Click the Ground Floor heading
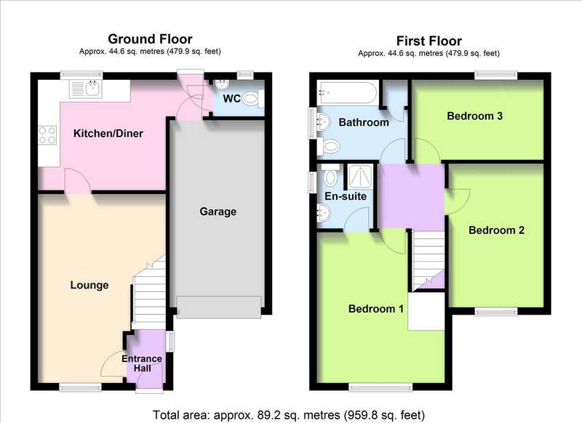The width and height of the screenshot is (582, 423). (x=150, y=39)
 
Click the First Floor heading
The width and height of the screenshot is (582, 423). (x=428, y=41)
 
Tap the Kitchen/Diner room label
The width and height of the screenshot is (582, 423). (x=108, y=134)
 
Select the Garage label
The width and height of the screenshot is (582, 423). (x=218, y=211)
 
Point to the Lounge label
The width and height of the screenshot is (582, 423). (x=89, y=285)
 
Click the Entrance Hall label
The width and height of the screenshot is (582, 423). (x=142, y=363)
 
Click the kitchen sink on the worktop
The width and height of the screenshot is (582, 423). (x=86, y=89)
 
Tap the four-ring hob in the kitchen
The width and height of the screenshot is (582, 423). (x=47, y=135)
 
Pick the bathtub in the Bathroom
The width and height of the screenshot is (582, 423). (x=348, y=92)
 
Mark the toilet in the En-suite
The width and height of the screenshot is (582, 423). (x=330, y=175)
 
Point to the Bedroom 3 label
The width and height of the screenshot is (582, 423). (x=475, y=116)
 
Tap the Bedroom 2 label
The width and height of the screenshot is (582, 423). (x=496, y=230)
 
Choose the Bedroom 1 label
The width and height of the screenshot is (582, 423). (x=376, y=309)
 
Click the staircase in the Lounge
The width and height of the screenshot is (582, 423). (x=149, y=293)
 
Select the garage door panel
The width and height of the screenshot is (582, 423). (x=219, y=307)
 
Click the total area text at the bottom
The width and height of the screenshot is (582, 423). (x=289, y=415)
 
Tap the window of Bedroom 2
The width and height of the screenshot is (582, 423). (x=496, y=312)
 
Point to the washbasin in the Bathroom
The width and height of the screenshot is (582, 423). (x=324, y=121)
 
